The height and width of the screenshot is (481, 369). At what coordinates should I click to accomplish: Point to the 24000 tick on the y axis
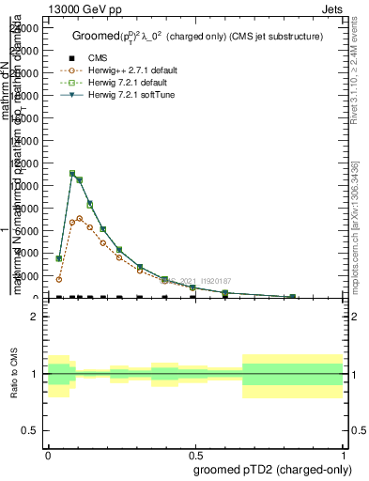[24, 28]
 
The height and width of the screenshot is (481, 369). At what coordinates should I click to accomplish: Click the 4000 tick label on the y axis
[24, 254]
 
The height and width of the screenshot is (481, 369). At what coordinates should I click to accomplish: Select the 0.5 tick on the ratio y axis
[32, 430]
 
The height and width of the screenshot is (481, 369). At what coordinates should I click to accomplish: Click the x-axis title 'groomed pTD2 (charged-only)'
[268, 469]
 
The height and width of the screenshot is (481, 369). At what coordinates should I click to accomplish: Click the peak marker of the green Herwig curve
[71, 174]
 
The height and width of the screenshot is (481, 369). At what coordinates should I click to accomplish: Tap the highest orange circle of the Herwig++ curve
[80, 219]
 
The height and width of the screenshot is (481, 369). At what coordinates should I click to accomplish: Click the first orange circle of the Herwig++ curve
[59, 279]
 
